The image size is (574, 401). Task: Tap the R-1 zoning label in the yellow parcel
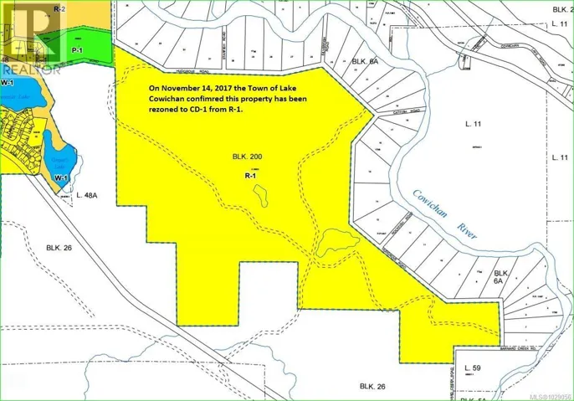coord(249,177)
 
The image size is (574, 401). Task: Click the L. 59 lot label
coord(474,369)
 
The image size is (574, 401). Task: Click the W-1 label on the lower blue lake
coord(60,178)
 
